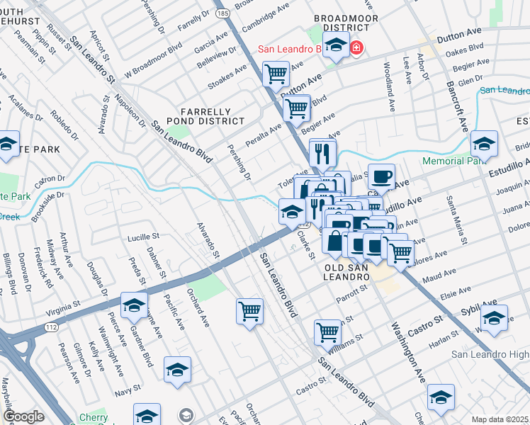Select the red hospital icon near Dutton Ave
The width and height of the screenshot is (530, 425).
pos(356,49)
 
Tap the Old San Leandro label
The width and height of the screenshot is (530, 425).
pos(347,272)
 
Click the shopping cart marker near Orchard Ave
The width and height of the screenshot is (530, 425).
pos(249,311)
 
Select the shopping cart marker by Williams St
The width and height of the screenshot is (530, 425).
pos(327,332)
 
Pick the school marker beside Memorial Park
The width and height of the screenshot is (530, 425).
pos(484,145)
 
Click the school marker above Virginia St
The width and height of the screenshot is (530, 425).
pos(133,305)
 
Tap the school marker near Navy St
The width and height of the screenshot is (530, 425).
pos(177,370)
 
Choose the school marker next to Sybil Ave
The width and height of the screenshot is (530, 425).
pos(494,317)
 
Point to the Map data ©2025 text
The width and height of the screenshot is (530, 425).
pos(500,419)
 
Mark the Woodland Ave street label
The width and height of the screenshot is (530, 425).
pos(390,86)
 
